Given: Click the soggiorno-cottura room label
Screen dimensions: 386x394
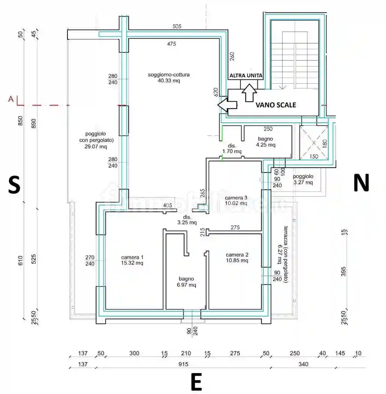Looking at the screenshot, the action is (x=169, y=77).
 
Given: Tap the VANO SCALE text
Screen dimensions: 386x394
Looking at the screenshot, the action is (x=275, y=105).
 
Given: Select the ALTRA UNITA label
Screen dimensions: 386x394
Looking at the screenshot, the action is (x=246, y=75).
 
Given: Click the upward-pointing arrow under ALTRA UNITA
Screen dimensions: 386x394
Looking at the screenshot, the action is (x=249, y=92).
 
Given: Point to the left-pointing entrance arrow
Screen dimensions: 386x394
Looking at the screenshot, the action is (x=227, y=105).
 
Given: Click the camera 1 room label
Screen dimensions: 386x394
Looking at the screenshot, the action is (x=132, y=260).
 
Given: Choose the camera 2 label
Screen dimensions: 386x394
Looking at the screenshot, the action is (x=237, y=257).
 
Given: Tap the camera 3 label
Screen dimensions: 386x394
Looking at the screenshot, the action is (x=236, y=200).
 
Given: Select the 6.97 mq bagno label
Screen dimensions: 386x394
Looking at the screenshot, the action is (x=186, y=282).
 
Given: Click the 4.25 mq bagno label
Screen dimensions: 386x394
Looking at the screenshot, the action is (x=266, y=142).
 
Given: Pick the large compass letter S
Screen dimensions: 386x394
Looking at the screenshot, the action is (x=14, y=185).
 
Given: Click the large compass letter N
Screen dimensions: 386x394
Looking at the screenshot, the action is (x=361, y=183).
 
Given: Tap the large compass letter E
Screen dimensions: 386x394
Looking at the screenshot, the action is (x=196, y=382).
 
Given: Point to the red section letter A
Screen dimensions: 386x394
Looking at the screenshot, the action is (x=11, y=99).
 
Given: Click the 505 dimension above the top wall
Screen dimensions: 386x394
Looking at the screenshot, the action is (x=177, y=26).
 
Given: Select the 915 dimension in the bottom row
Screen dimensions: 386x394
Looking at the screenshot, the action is (x=183, y=364).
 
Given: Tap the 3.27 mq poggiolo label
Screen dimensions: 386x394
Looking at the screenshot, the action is (x=303, y=179).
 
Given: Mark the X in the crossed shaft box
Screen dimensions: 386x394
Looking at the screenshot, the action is (x=314, y=143).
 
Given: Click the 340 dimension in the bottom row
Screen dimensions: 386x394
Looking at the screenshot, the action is (x=303, y=364).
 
